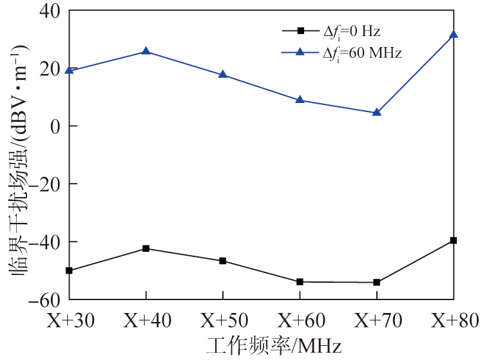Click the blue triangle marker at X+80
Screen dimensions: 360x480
click(454, 34)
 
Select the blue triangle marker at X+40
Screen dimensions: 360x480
click(146, 51)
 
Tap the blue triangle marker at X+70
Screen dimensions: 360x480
click(377, 112)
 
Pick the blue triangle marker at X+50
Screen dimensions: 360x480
click(223, 74)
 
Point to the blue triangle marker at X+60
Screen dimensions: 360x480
click(300, 100)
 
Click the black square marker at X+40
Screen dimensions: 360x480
click(146, 249)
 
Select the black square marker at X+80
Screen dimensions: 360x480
click(454, 240)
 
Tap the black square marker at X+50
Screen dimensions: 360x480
click(223, 261)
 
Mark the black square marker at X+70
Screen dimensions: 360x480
click(377, 282)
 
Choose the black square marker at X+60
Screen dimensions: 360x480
click(300, 281)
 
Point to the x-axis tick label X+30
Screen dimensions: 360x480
click(69, 319)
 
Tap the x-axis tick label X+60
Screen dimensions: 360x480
click(300, 319)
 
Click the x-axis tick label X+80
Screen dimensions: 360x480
click(454, 319)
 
